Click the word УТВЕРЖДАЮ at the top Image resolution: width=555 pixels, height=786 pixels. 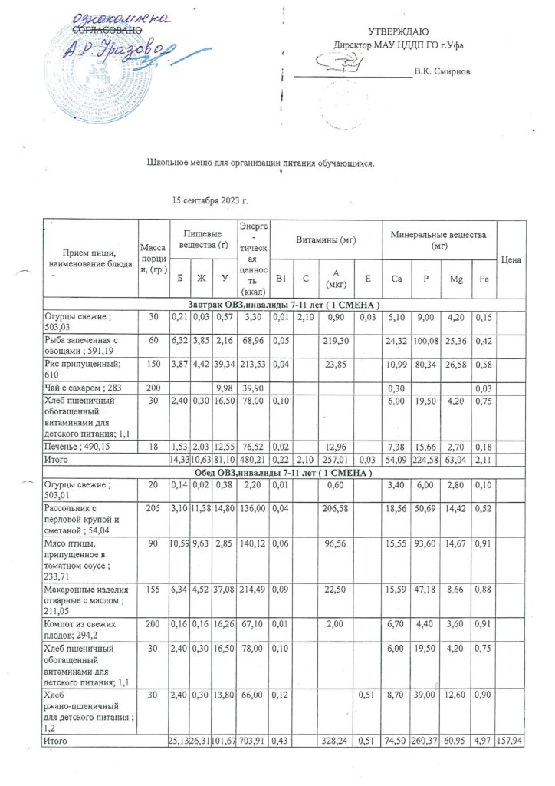pos(399,31)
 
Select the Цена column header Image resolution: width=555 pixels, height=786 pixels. pos(511,260)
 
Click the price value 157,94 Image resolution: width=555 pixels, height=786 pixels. pos(511,742)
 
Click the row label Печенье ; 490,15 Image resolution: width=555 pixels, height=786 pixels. pos(77,445)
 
